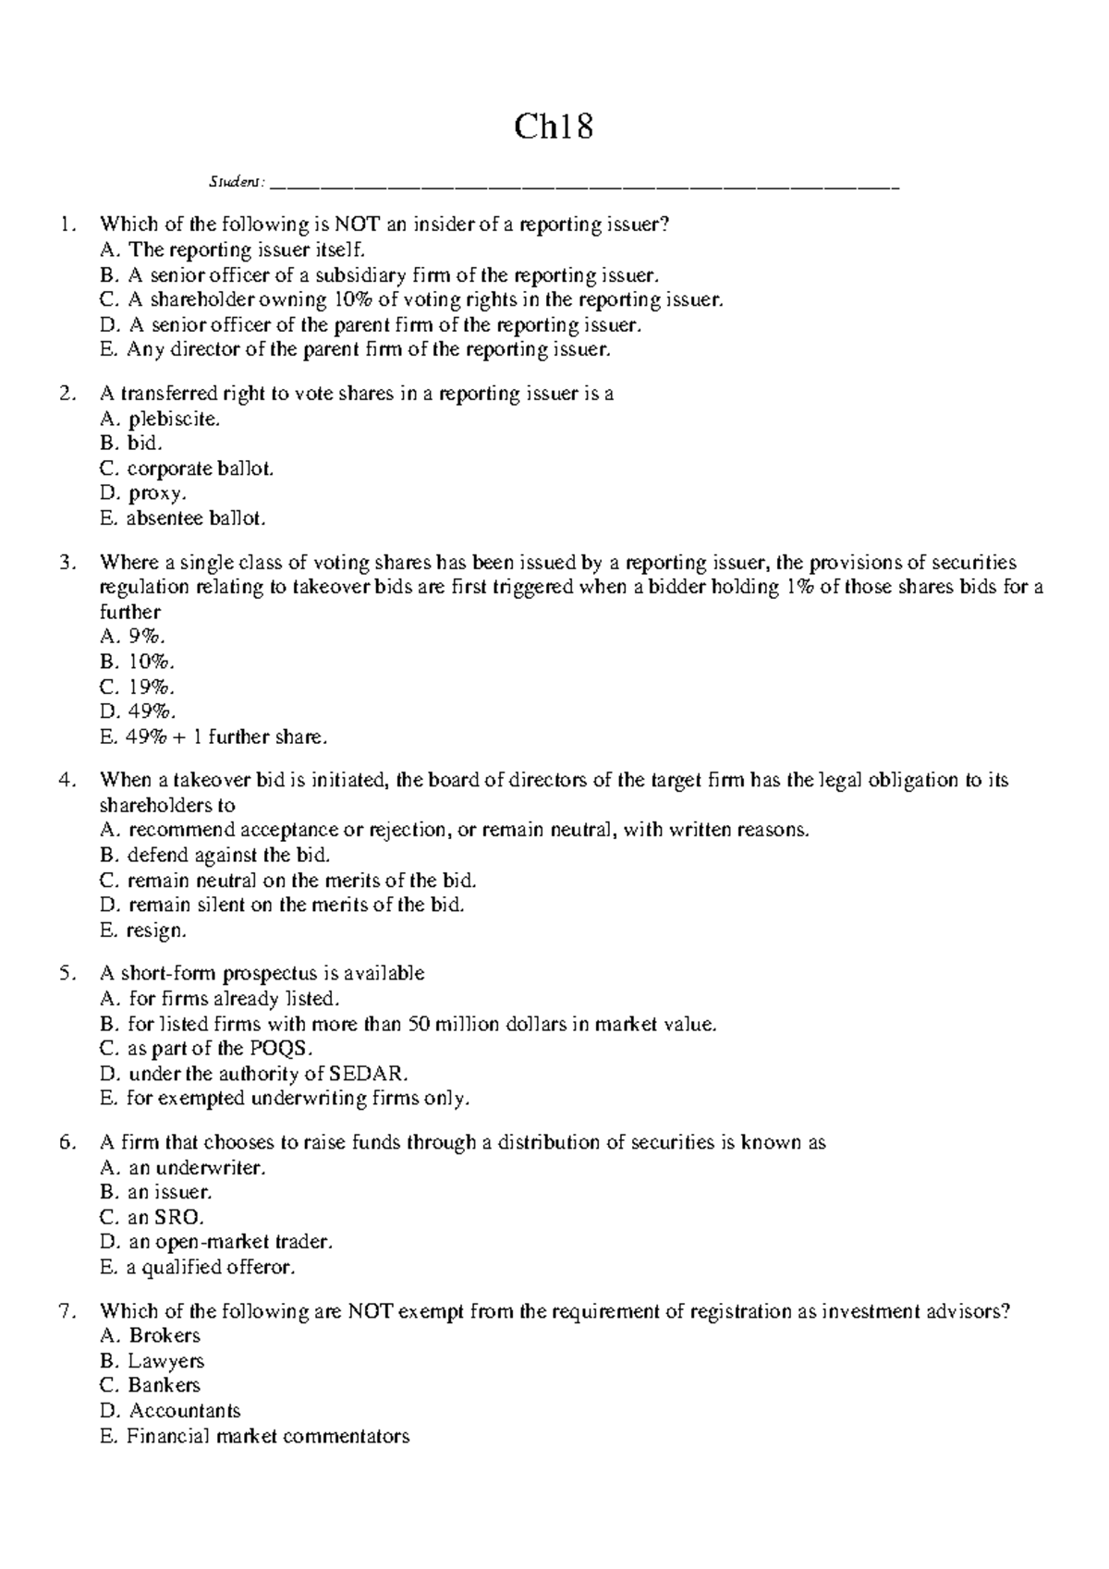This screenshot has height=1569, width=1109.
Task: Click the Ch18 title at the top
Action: (554, 127)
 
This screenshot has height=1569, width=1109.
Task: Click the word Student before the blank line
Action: (236, 182)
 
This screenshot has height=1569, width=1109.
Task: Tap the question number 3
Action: (66, 563)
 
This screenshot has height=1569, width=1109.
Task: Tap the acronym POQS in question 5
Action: (281, 1049)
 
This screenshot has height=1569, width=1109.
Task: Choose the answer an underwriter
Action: (196, 1168)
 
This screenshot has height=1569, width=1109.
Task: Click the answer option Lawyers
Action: (165, 1361)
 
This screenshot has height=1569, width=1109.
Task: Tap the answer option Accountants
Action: (184, 1411)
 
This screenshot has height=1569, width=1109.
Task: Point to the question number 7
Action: (66, 1311)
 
